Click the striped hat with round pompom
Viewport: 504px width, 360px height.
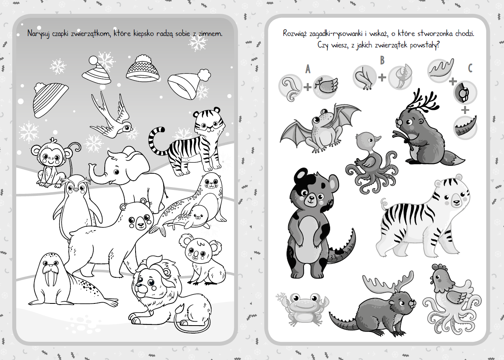pyautogui.click(x=97, y=70)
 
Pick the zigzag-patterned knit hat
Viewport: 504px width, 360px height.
pyautogui.click(x=143, y=68)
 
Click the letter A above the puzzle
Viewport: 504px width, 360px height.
pyautogui.click(x=308, y=69)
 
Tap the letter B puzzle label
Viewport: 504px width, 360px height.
pyautogui.click(x=382, y=60)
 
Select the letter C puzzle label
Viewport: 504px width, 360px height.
pyautogui.click(x=470, y=68)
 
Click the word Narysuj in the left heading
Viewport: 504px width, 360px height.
pyautogui.click(x=38, y=34)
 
